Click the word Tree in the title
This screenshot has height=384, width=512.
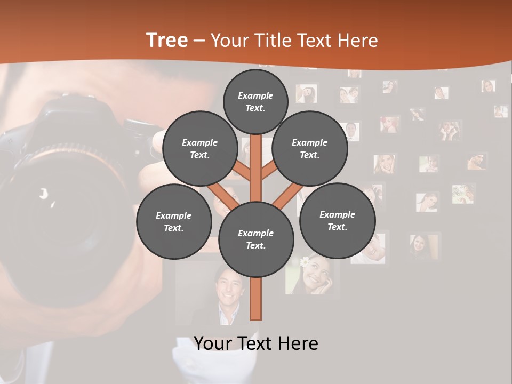coord(167,40)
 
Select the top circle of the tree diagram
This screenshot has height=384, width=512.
coord(255,101)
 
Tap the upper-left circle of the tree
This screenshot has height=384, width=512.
coord(199,148)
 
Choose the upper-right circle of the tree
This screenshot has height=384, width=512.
coord(309,148)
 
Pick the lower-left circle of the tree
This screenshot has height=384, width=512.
coord(173,221)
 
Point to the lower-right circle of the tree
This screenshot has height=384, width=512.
coord(337,220)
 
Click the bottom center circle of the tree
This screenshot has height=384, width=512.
coord(255,239)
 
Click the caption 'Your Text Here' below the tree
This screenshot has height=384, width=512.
coord(255,343)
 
